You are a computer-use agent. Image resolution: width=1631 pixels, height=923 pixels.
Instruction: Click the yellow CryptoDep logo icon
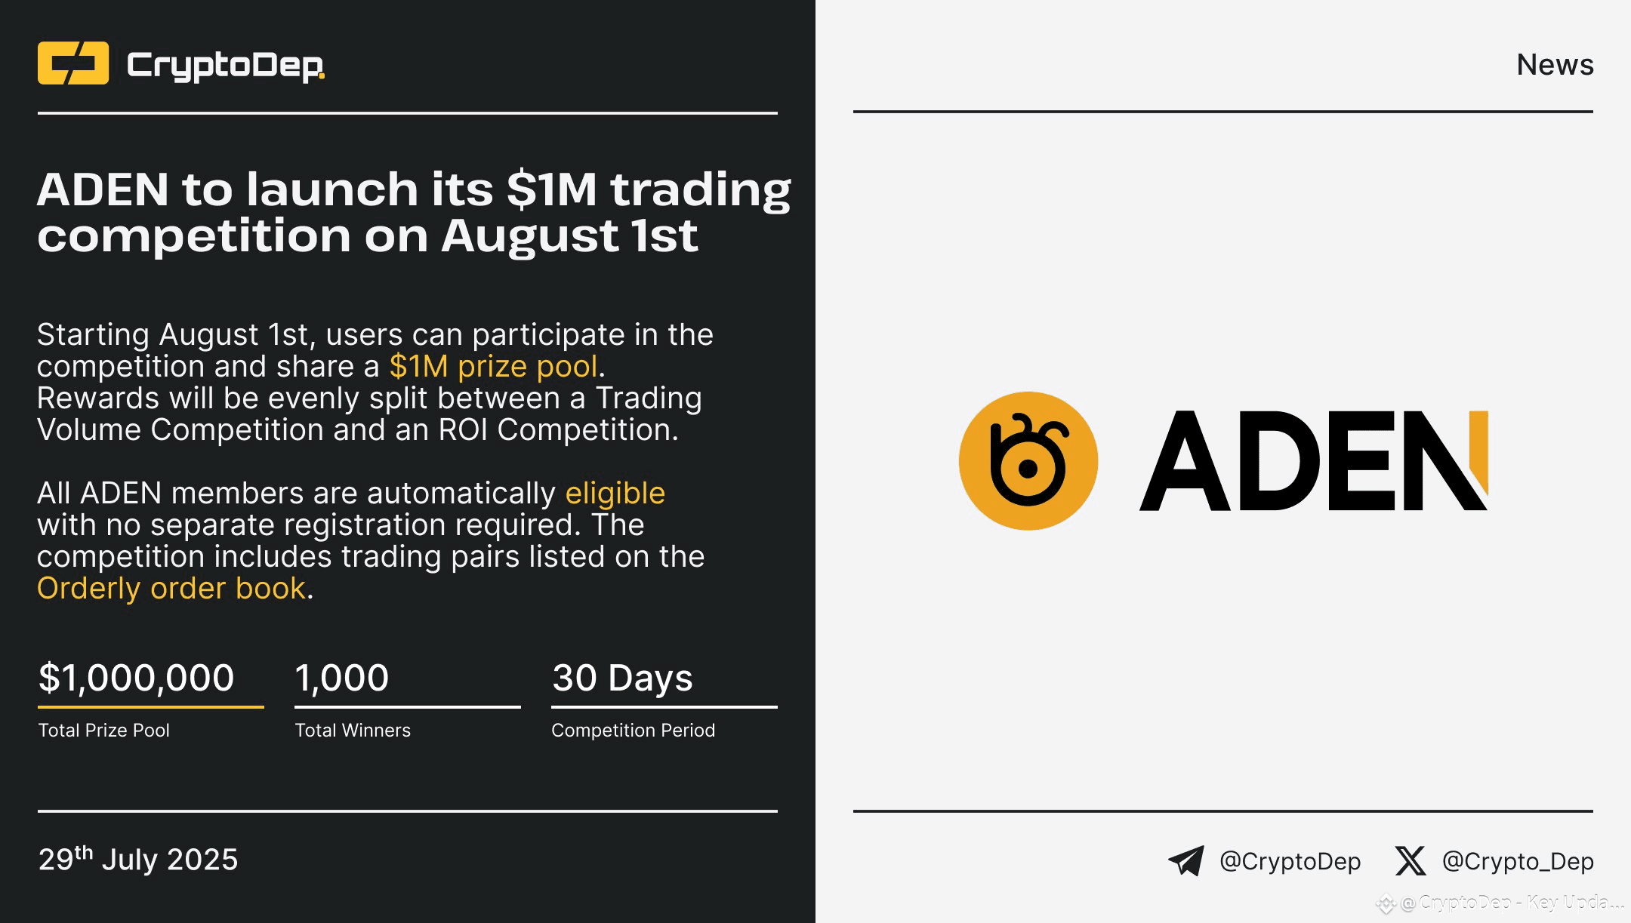[x=73, y=63]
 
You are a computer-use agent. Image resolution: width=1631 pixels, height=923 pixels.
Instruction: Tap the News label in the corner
[x=1555, y=65]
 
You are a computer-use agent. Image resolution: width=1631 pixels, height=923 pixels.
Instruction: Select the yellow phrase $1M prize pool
[x=493, y=367]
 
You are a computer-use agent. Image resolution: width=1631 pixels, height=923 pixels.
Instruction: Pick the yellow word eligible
[x=615, y=494]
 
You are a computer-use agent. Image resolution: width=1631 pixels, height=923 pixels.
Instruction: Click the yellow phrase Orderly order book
[x=171, y=589]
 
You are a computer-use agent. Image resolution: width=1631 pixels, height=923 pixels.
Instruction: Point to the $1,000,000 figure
[x=137, y=678]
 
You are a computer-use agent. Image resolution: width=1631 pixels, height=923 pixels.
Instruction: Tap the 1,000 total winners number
[x=342, y=678]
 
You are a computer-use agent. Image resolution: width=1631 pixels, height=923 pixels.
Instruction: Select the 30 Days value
[x=622, y=678]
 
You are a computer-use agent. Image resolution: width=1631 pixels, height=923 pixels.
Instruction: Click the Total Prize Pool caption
[x=104, y=731]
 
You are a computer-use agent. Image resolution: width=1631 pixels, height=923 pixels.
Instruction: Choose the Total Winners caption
[x=353, y=731]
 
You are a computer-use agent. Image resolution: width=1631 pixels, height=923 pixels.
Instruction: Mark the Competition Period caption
[x=633, y=731]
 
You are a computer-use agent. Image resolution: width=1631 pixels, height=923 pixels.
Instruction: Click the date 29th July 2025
[x=138, y=860]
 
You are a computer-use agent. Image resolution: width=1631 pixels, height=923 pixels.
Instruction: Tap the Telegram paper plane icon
[x=1186, y=860]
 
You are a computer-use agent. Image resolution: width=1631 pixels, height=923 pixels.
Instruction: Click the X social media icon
[x=1410, y=860]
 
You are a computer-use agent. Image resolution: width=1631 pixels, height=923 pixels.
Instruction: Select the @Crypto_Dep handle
[x=1518, y=861]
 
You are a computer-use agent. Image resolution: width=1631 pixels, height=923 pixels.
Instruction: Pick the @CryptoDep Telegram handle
[x=1290, y=861]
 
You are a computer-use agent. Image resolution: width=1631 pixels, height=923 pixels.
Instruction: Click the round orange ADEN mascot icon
[x=1028, y=461]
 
